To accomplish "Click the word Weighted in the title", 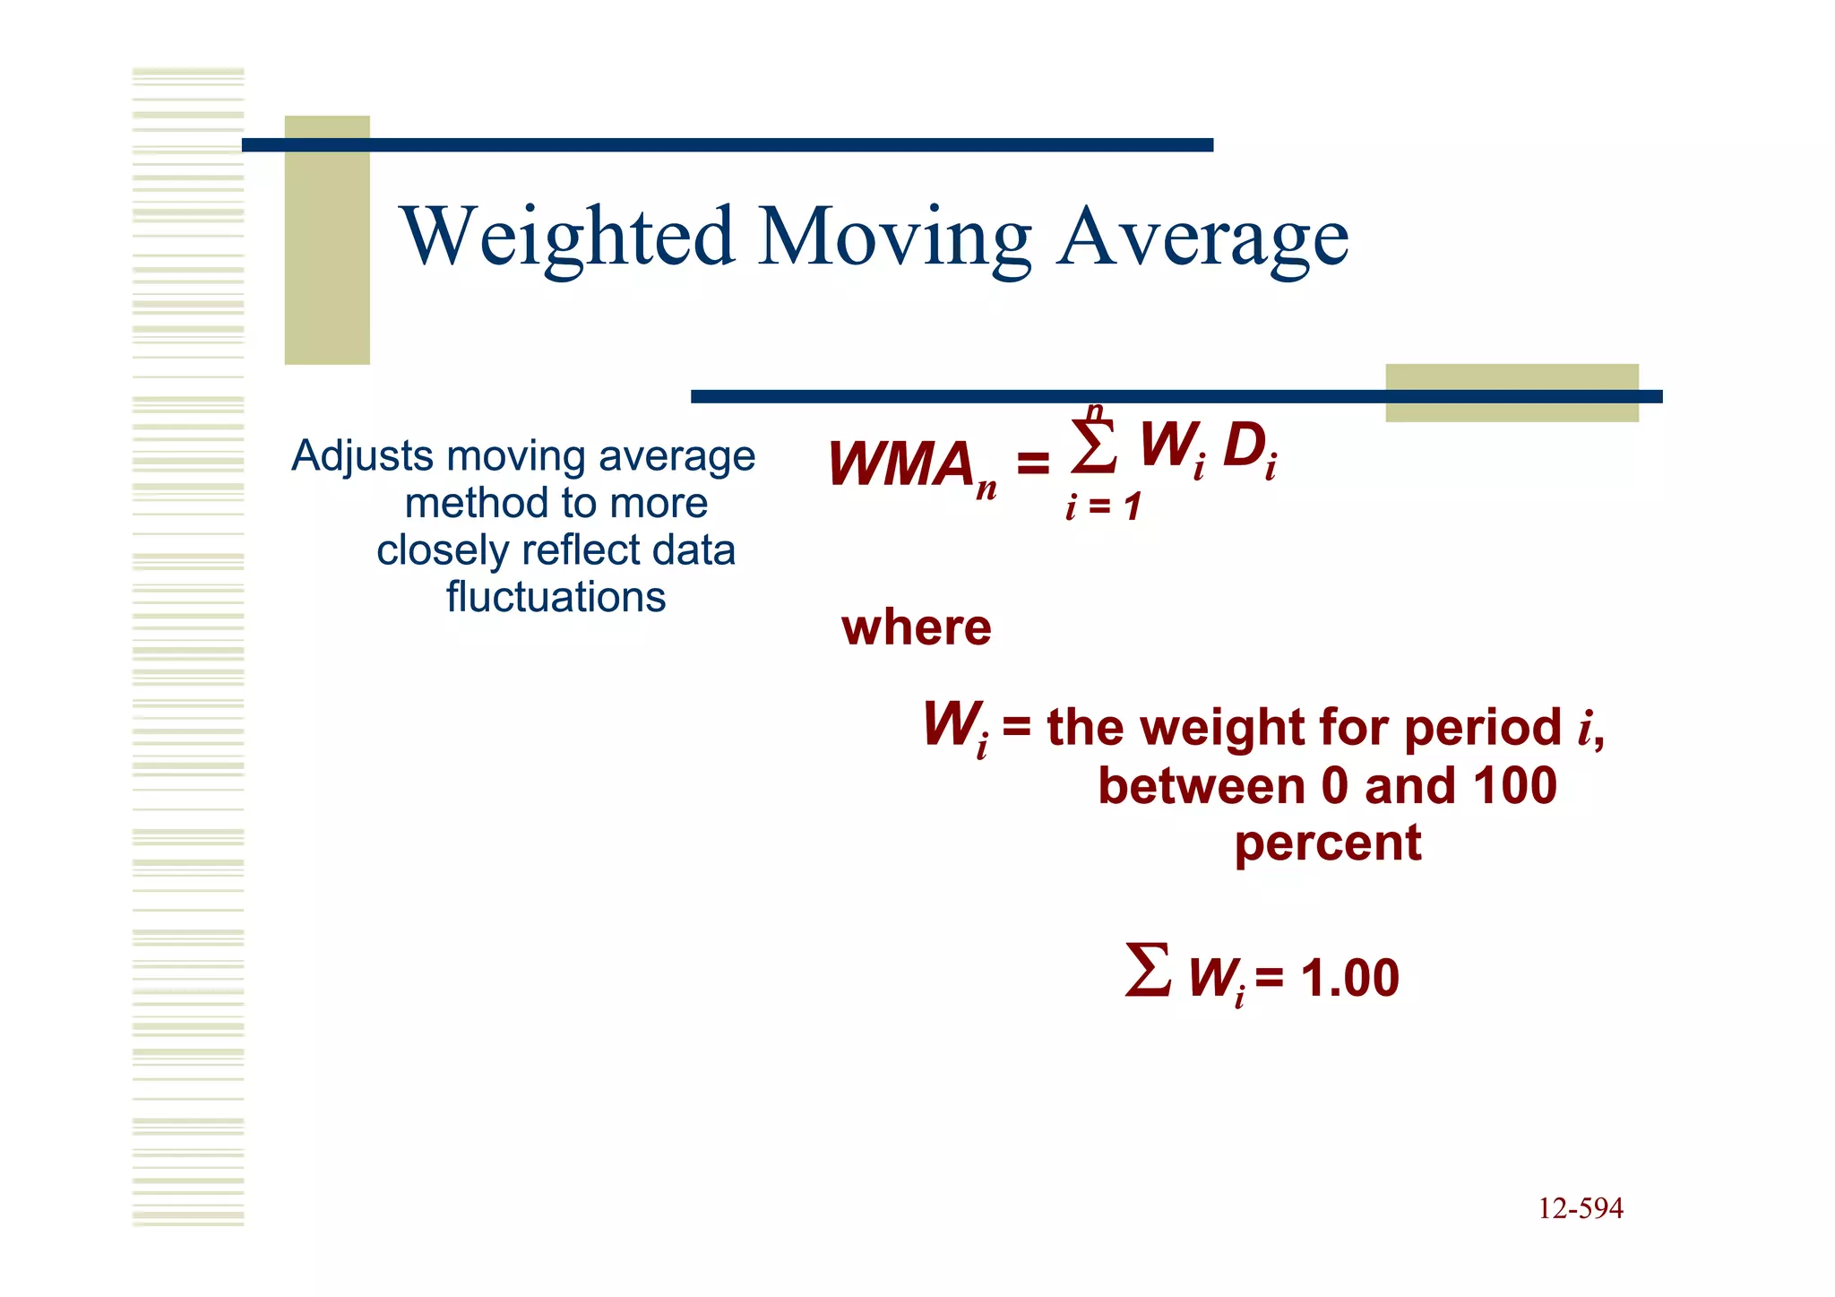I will [568, 237].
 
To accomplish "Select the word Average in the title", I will [1202, 237].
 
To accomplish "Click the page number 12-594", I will [1580, 1208].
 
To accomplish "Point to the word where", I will [916, 627].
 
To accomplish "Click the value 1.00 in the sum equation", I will [1349, 977].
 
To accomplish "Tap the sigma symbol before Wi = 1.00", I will [1148, 970].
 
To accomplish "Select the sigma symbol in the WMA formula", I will [1094, 447].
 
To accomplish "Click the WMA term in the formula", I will [900, 465].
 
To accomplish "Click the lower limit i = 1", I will [1103, 507].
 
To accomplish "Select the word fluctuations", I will [556, 597].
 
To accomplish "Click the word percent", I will [1327, 843].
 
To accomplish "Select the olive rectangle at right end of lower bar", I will [1512, 393].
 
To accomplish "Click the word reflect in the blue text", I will [582, 550].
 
